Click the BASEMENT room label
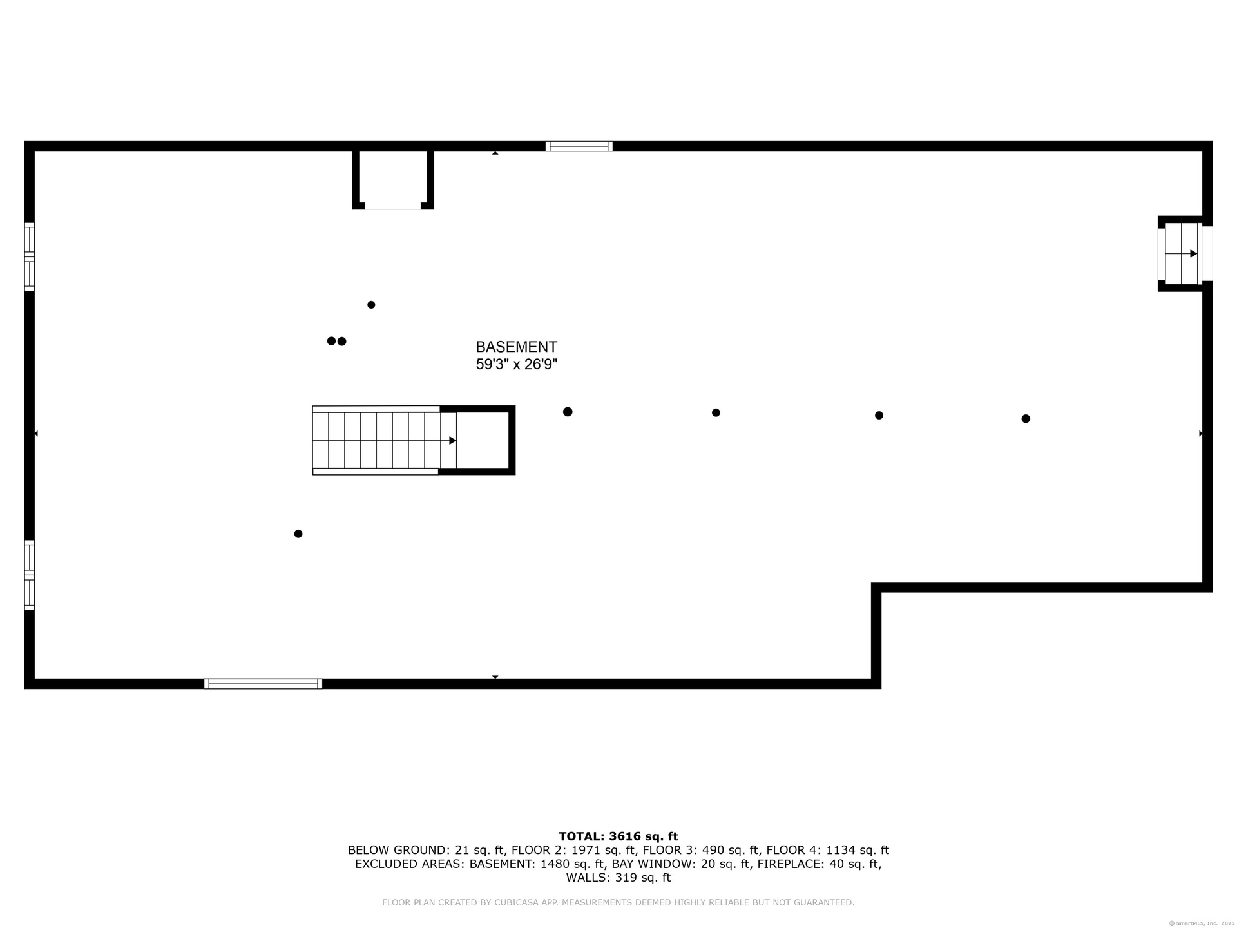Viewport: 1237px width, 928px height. (516, 347)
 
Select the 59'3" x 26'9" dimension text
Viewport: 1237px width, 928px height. (516, 364)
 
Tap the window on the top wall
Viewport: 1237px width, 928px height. (579, 146)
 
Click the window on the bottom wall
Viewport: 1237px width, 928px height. (263, 684)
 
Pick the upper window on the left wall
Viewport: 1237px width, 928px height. (30, 256)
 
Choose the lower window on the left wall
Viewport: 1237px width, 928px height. (30, 575)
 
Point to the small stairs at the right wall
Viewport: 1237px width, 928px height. (1182, 254)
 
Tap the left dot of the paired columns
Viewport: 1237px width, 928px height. (331, 341)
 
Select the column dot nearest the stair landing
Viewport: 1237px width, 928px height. (568, 412)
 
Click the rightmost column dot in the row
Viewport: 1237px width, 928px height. (1026, 419)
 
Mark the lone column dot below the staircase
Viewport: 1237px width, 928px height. (298, 534)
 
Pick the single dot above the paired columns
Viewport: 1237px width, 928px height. (371, 305)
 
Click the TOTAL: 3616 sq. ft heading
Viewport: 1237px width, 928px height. (618, 836)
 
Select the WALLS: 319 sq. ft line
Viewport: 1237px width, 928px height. (618, 878)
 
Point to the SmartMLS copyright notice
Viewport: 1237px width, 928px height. (1202, 923)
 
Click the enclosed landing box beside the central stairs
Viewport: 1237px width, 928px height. (483, 441)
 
